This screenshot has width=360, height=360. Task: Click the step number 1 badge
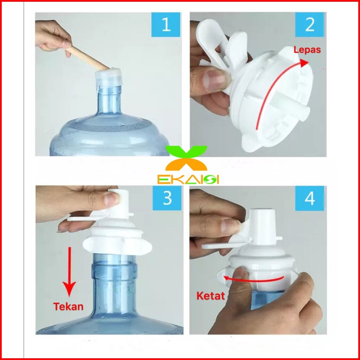coord(166,25)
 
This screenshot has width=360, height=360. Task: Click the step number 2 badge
coord(310,25)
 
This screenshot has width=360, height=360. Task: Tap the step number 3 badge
coord(167,198)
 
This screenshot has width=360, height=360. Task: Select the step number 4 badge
coord(310,198)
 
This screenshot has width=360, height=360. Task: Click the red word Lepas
coord(307,50)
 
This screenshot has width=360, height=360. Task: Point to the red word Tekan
coord(68,306)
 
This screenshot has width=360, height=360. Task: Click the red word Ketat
coord(211,296)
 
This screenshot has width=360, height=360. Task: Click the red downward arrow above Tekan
coord(70,271)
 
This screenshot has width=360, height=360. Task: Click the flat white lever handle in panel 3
coord(88,217)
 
